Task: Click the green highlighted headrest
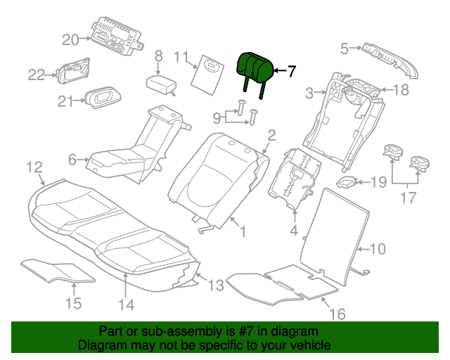255,68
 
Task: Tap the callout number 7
291,71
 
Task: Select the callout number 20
70,40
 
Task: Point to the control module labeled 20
117,36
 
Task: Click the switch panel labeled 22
73,70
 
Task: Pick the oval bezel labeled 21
102,97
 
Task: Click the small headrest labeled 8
161,84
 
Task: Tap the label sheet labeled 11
207,75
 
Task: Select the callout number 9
217,117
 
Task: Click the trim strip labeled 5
390,60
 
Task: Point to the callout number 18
401,90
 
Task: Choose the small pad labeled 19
346,181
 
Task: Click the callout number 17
408,198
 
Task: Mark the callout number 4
294,231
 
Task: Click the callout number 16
337,314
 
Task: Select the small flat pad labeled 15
58,271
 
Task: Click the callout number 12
34,167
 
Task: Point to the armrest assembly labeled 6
138,149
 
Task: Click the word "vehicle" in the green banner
311,345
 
